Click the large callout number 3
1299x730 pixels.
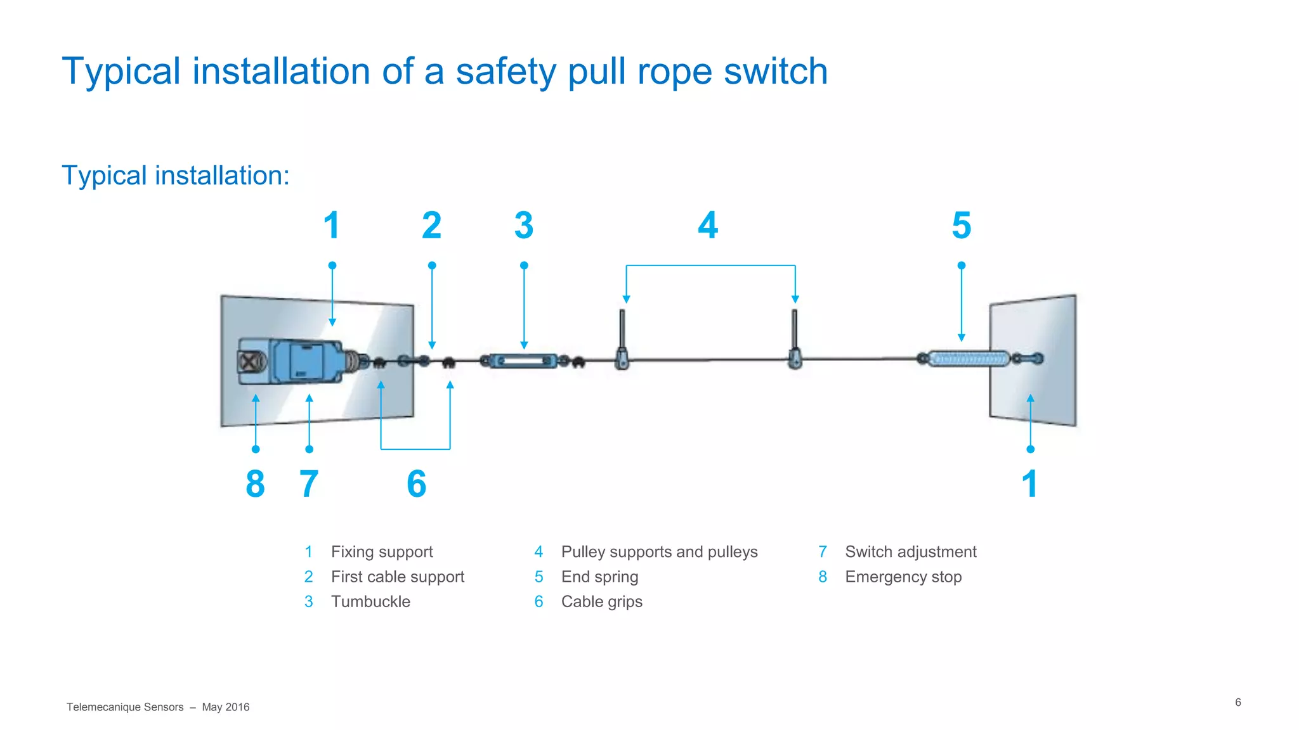(524, 226)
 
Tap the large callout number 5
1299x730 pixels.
(961, 226)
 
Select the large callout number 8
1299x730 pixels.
(255, 484)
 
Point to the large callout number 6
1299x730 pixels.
(416, 484)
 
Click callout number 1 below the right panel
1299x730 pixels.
(1029, 484)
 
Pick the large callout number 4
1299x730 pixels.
(708, 226)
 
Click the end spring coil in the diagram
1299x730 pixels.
(968, 359)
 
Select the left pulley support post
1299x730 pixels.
(622, 333)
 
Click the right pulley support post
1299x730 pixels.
(794, 333)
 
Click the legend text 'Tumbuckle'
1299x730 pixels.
(370, 601)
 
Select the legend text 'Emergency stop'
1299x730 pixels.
(903, 577)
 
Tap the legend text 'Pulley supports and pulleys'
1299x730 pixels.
(659, 552)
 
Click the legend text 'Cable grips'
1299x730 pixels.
(601, 601)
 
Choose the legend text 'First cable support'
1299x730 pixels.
(398, 577)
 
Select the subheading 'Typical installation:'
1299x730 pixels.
(176, 176)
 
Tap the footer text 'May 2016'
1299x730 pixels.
(225, 707)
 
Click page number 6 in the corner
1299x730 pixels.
(1237, 702)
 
